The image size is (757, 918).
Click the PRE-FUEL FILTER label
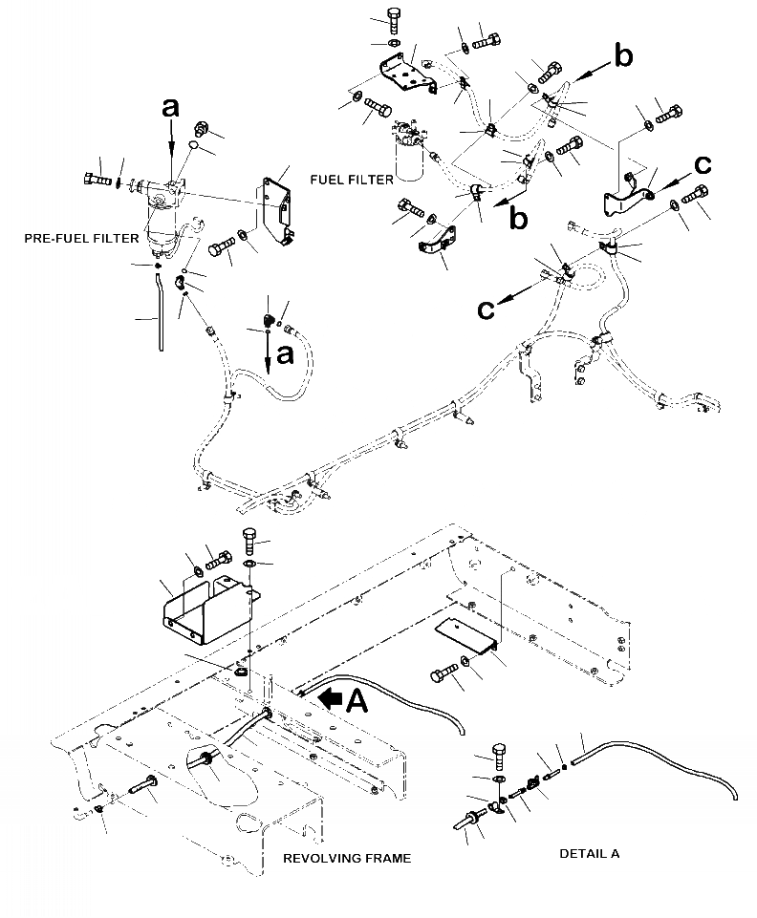[82, 239]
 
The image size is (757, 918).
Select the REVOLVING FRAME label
[347, 858]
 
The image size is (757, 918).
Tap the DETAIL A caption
[589, 853]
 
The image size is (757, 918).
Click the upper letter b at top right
[622, 58]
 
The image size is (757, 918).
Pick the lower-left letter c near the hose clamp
[486, 308]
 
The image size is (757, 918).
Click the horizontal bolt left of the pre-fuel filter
[97, 178]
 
